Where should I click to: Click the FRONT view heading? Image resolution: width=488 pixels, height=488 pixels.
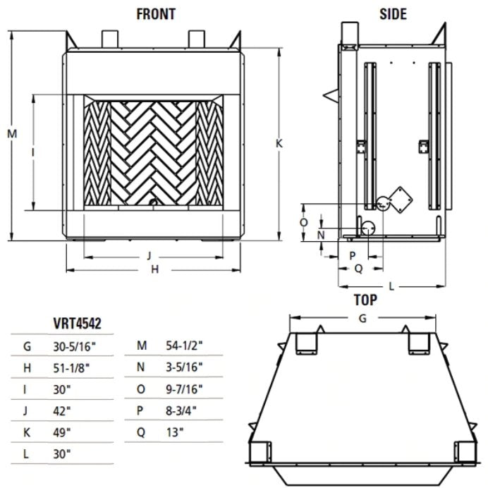[155, 14]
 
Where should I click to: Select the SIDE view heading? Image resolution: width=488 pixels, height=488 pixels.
[392, 14]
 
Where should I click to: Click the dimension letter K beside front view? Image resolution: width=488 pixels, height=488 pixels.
[280, 142]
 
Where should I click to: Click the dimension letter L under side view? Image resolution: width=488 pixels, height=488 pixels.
[392, 286]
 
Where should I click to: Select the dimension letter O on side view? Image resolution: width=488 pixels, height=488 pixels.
[304, 221]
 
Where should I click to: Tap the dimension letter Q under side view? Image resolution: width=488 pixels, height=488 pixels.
[358, 268]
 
